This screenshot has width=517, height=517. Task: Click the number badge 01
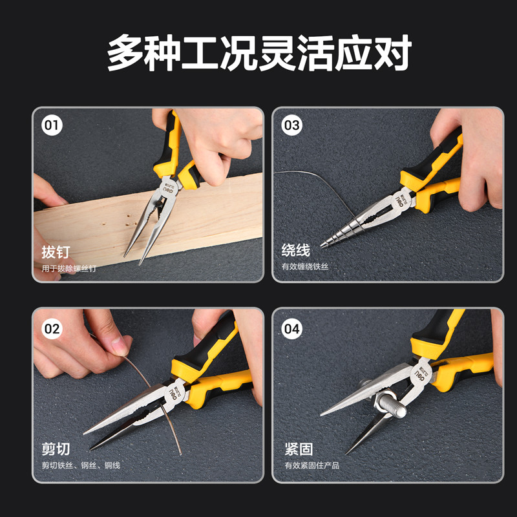click(x=52, y=125)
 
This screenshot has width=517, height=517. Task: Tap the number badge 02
click(x=52, y=329)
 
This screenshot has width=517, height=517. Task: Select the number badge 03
click(x=292, y=125)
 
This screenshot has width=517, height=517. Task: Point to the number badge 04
click(x=292, y=329)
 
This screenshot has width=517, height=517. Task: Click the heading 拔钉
click(x=56, y=252)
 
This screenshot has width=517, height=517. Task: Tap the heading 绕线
click(x=296, y=250)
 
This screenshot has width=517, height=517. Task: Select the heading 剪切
click(x=56, y=448)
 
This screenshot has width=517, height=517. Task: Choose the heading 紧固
click(x=299, y=448)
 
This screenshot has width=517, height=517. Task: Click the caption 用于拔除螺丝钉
click(x=69, y=268)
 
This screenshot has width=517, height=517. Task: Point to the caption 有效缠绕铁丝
click(x=305, y=266)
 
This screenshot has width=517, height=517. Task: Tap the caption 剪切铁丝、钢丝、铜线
click(x=81, y=465)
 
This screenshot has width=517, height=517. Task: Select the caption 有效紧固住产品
click(x=312, y=465)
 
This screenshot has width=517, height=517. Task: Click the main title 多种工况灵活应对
click(x=259, y=53)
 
